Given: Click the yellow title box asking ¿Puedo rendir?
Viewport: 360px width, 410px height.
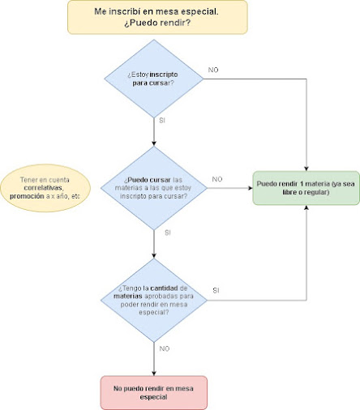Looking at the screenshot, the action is point(157,17).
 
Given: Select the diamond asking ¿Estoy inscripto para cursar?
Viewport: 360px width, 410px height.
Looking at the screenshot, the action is point(154,79).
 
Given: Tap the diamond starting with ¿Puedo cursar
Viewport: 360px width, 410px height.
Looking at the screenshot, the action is point(154,188).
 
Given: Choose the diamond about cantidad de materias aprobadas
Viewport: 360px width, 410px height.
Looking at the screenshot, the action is point(154,300).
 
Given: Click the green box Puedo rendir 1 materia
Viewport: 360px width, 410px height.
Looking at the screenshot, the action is point(306,188).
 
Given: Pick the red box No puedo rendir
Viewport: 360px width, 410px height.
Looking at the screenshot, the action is point(154,392).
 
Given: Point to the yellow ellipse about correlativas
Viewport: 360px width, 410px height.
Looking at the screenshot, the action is point(45,188).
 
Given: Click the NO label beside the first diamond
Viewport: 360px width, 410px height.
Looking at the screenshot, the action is point(213,70).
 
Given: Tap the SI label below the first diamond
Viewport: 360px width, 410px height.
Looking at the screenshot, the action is point(162,121).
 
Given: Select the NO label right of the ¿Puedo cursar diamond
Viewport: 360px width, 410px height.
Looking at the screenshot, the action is point(217,179).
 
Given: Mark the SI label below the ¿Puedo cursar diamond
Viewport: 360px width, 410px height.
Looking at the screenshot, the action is point(168,233).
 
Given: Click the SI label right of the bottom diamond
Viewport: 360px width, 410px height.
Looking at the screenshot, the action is point(216,291).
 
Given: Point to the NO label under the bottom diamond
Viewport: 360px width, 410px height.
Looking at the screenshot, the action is point(165,348).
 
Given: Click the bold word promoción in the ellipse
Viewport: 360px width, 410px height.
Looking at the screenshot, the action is point(27,196).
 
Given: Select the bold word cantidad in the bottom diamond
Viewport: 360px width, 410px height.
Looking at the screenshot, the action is point(165,288).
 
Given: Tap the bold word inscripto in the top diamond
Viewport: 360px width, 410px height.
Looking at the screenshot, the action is point(164,75).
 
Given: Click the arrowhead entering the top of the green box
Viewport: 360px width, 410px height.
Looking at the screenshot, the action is point(306,169).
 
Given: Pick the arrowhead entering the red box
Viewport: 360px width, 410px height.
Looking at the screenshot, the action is point(154,374).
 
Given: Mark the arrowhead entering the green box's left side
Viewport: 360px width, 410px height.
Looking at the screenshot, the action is point(251,188).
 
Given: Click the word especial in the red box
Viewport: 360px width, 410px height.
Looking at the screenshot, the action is point(153,397).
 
